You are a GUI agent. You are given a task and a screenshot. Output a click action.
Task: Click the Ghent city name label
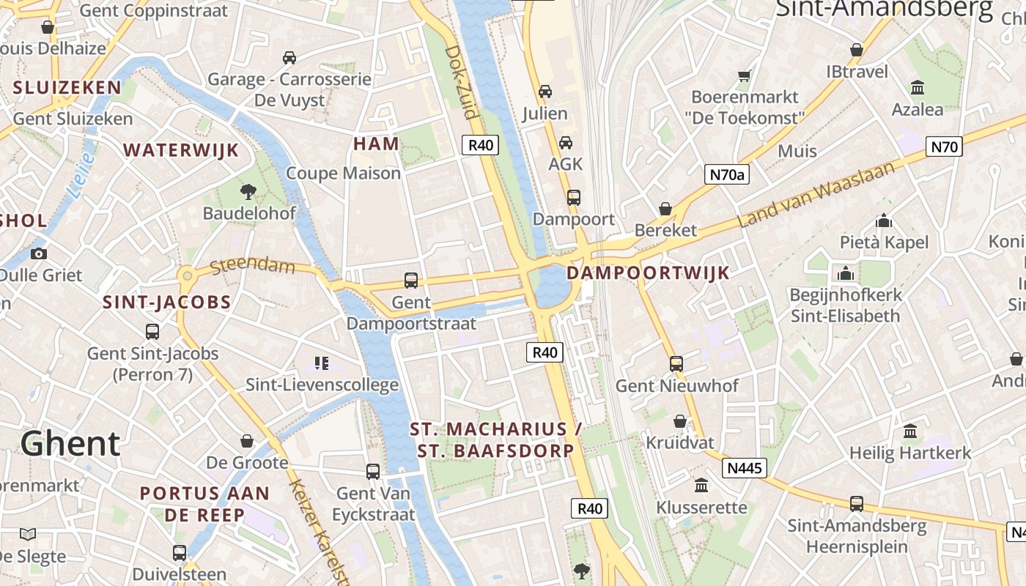[70, 444]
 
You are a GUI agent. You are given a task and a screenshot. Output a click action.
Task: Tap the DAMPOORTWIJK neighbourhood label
[648, 273]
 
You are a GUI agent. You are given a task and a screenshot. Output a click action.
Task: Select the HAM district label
[377, 144]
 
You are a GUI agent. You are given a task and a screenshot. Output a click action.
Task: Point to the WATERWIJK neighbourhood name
[181, 150]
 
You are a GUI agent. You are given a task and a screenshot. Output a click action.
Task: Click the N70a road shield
[727, 174]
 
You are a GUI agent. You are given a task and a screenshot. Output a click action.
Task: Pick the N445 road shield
[745, 468]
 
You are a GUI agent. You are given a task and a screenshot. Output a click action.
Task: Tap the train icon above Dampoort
[574, 197]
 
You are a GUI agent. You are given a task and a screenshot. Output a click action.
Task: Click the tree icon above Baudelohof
[248, 192]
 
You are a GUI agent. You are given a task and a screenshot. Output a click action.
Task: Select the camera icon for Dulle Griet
[39, 253]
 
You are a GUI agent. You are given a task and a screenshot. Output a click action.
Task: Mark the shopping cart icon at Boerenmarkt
[745, 75]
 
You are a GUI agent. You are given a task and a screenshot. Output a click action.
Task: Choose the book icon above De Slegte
[28, 534]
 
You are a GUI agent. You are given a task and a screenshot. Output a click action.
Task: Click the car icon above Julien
[545, 92]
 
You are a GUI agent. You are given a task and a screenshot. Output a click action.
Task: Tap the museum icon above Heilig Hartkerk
[910, 431]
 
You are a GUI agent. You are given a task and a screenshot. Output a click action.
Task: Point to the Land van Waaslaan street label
[816, 195]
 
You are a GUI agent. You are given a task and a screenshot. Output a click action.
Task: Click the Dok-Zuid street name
[462, 82]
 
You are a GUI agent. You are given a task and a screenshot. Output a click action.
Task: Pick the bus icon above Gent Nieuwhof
[676, 363]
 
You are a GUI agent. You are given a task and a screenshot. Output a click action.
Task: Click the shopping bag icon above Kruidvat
[680, 421]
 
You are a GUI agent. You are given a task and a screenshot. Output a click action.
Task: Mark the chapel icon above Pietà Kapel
[884, 220]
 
